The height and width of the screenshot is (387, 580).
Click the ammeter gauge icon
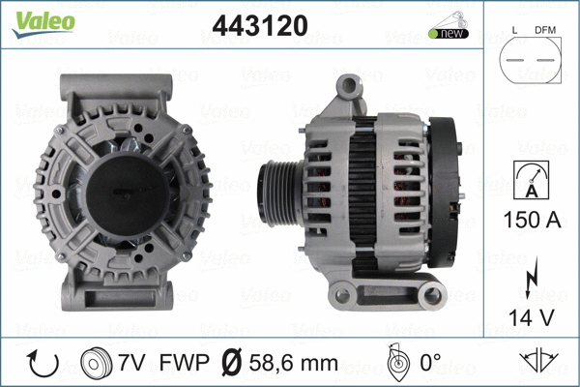point(530,181)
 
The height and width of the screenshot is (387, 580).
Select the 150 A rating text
point(530,221)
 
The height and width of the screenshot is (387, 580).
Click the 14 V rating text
point(530,316)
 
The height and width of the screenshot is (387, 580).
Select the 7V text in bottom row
point(131,364)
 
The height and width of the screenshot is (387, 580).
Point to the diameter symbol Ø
point(233,364)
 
